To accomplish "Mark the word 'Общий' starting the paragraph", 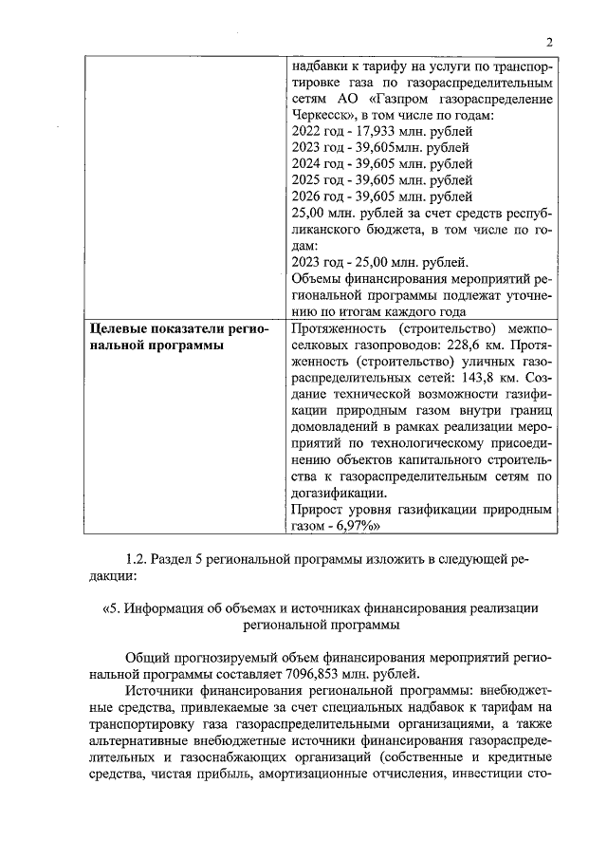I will click(144, 656).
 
